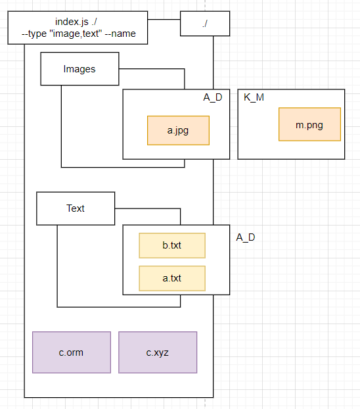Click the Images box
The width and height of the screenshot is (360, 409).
tap(79, 69)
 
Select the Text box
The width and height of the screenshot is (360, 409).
tap(76, 208)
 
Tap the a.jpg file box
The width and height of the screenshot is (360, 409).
tap(178, 130)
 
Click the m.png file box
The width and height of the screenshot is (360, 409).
tap(309, 124)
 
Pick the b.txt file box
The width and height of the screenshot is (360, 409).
tap(172, 245)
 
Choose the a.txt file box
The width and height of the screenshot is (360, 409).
tap(172, 278)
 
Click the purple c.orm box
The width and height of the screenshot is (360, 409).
tap(71, 352)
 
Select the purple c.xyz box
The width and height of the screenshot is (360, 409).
tap(158, 352)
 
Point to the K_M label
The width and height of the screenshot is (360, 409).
tap(254, 97)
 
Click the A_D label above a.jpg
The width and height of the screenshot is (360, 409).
tap(213, 97)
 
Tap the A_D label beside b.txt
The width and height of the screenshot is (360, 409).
tap(246, 237)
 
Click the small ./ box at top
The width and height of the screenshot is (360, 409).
tap(205, 23)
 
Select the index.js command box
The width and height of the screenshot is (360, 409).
tap(78, 28)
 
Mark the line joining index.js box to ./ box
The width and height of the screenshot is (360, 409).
tap(164, 20)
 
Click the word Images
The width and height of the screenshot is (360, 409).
tap(79, 69)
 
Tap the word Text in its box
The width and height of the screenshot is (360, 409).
tap(76, 208)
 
